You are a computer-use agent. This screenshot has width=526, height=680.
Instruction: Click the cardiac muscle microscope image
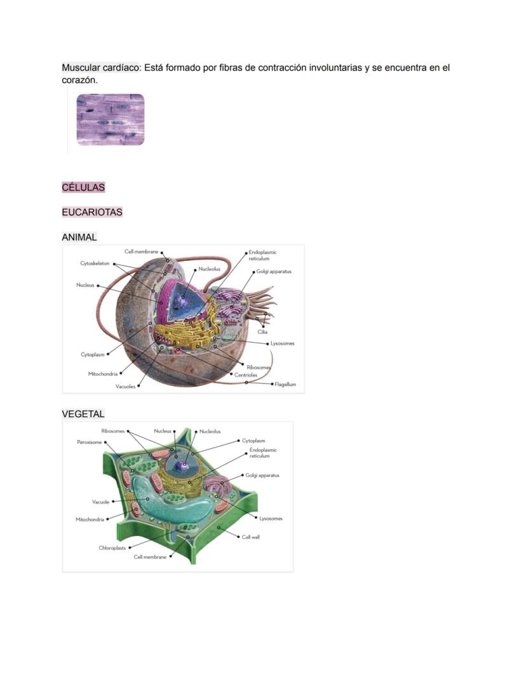(x=111, y=120)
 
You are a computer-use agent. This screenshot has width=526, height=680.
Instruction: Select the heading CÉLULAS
(x=83, y=188)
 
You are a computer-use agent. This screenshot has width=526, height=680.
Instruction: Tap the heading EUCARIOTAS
(x=92, y=213)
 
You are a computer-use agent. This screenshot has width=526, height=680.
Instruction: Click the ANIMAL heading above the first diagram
(x=79, y=237)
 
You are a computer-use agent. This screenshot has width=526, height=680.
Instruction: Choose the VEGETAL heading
(x=83, y=414)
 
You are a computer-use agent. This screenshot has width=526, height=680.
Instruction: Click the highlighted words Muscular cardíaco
(x=101, y=67)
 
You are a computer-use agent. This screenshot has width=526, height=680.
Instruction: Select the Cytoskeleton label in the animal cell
(x=95, y=263)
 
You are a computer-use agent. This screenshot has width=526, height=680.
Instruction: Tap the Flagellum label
(x=285, y=384)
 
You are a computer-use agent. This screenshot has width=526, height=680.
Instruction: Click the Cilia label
(x=262, y=332)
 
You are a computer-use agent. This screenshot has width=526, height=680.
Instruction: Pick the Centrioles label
(x=246, y=375)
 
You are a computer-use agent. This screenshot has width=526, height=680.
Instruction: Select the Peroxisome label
(x=90, y=442)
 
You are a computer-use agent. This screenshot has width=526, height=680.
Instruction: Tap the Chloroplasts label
(x=112, y=547)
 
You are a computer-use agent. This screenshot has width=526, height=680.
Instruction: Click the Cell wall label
(x=251, y=537)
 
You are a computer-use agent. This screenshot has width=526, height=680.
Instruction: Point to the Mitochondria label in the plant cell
(x=90, y=519)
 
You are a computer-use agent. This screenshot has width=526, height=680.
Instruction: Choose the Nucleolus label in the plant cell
(x=210, y=431)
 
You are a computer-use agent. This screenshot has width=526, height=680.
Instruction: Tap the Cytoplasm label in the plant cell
(x=254, y=441)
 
